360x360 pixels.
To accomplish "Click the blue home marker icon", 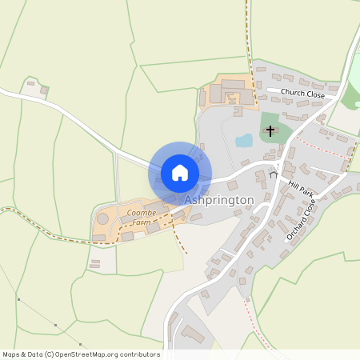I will click(179, 173).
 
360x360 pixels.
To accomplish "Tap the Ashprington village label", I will click(219, 200).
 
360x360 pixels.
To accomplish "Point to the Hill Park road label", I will click(302, 193).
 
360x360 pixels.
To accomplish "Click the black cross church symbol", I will click(270, 130).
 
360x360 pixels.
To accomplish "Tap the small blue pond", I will click(244, 141).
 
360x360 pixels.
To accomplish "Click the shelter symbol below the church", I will click(274, 173).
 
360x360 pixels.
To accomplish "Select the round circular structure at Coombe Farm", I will click(103, 218).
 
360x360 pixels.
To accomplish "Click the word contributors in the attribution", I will click(140, 354).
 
